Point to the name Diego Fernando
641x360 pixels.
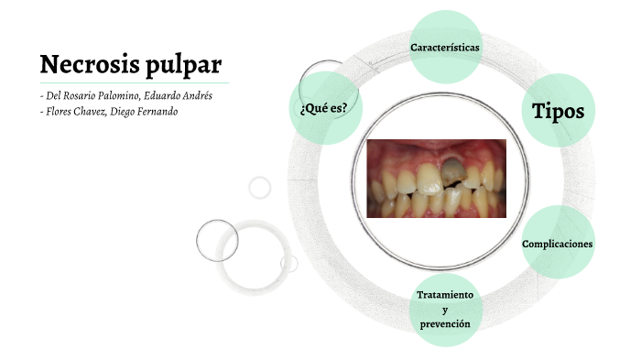click(145, 112)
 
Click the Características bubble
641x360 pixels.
click(446, 46)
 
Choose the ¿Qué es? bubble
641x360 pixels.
click(322, 108)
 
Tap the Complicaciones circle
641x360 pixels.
click(558, 244)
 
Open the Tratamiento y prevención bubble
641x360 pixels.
click(445, 310)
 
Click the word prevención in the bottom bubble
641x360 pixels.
click(445, 324)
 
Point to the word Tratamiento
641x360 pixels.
click(445, 295)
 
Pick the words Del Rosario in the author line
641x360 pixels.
click(65, 96)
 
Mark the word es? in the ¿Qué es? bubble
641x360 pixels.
click(337, 108)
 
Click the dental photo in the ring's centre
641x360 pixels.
click(436, 178)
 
